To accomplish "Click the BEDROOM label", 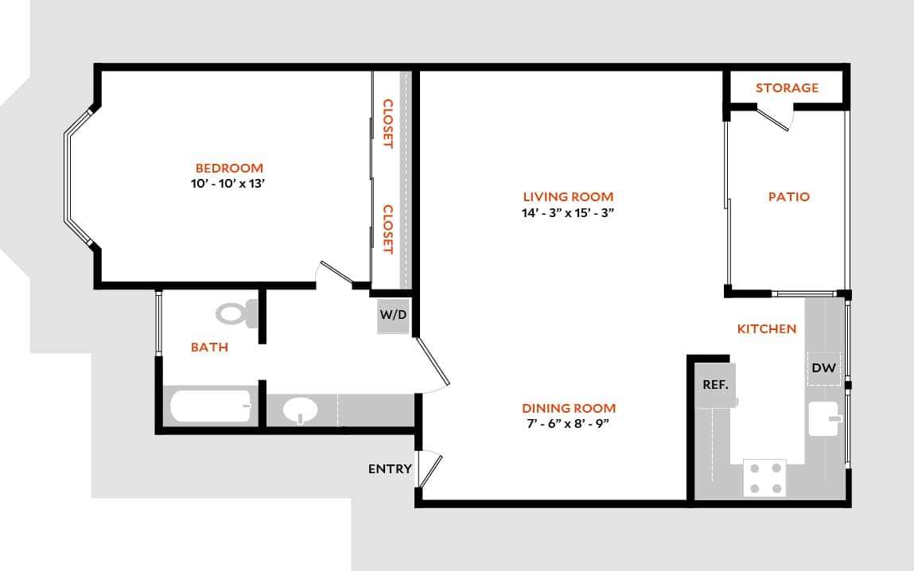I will point(229,168).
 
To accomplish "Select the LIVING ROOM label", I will point(568,196).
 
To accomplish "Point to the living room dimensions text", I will point(568,212).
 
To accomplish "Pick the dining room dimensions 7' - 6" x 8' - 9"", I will point(568,424).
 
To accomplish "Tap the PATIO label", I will point(788,196).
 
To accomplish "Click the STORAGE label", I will point(787,87).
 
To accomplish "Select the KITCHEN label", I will point(766,328).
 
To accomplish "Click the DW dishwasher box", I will point(823,368).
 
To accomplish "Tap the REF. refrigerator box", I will point(715,384).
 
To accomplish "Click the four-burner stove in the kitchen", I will point(764,478).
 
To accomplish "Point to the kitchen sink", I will point(824,418).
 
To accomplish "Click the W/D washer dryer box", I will point(393,315).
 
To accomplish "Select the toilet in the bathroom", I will point(237,313).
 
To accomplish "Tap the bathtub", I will point(211,407).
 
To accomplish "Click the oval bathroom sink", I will point(301,412).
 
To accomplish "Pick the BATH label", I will point(209,347).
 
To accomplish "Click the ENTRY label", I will point(390,468).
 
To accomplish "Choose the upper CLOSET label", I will point(387,123).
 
